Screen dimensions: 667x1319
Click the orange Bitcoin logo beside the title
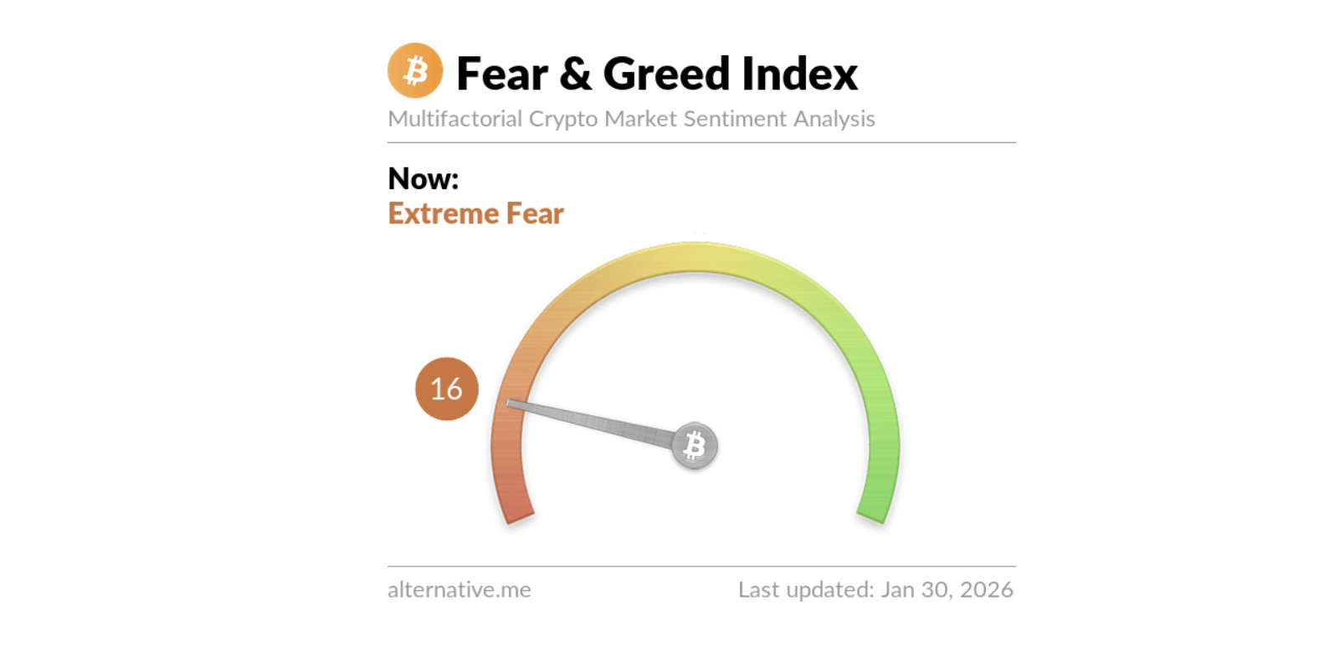(415, 71)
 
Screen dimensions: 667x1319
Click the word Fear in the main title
(502, 74)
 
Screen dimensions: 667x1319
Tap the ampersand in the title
(575, 74)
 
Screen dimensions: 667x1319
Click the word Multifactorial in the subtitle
(454, 119)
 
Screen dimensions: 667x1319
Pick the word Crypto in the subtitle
(562, 120)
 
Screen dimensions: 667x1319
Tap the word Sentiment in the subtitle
(735, 119)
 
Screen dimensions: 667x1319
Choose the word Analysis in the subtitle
(834, 120)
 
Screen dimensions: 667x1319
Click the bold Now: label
(423, 178)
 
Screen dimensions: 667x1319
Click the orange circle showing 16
(447, 388)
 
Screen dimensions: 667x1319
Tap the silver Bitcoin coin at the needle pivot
(695, 445)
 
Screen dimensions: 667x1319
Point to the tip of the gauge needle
(511, 404)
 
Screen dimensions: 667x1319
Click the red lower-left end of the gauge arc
(518, 508)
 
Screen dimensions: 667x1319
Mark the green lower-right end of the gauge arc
(873, 508)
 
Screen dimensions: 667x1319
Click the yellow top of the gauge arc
(695, 257)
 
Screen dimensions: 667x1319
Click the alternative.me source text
(459, 590)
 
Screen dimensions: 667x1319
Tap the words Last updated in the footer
(805, 590)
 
